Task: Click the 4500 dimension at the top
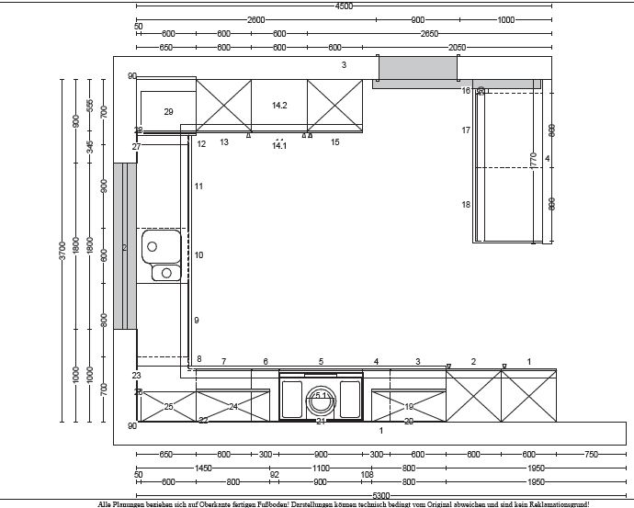click(x=344, y=6)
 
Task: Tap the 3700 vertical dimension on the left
click(x=62, y=250)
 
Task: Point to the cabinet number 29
click(x=168, y=111)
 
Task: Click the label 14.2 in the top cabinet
click(x=279, y=106)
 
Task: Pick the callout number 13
click(x=224, y=142)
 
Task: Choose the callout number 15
click(x=334, y=142)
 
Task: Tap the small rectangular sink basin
click(x=166, y=272)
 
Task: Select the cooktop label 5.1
click(x=321, y=396)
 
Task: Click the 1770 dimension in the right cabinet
click(x=533, y=159)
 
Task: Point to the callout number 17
click(x=466, y=130)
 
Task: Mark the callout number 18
click(x=466, y=204)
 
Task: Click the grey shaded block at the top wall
click(x=418, y=68)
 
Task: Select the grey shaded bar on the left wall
click(x=125, y=246)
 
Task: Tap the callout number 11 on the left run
click(x=198, y=186)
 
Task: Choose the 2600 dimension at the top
click(x=255, y=19)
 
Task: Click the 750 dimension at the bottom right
click(x=590, y=454)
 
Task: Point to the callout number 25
click(x=168, y=406)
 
